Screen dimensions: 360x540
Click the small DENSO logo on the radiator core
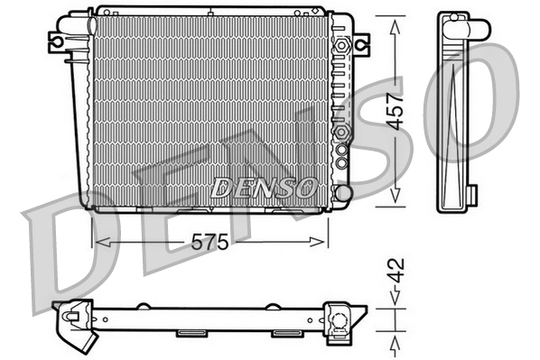[263, 188]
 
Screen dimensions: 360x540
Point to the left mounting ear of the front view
[59, 42]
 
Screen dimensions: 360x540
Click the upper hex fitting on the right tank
[341, 45]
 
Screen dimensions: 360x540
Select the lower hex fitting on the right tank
[342, 134]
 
